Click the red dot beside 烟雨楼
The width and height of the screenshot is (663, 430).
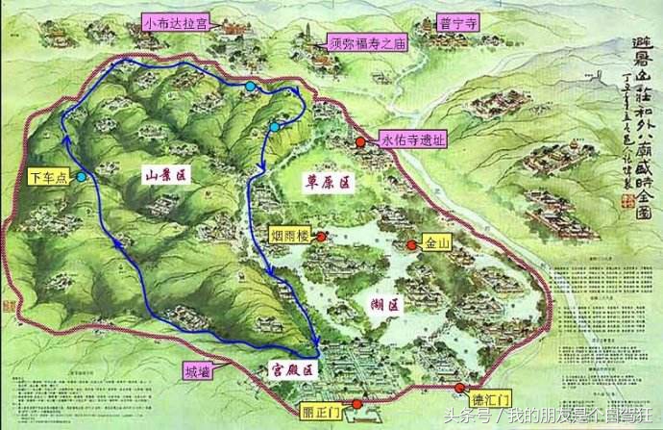[x=320, y=236]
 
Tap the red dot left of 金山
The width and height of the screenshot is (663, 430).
[x=411, y=245]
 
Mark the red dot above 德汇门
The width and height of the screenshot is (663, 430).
[x=460, y=387]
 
